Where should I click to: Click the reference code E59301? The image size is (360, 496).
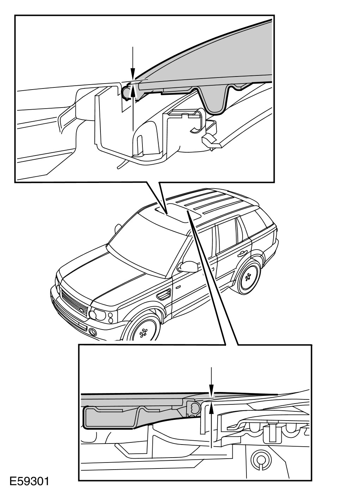(x=29, y=481)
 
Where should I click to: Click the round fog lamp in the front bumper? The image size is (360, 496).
(x=93, y=331)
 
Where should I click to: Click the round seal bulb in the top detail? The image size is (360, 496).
(x=126, y=93)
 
